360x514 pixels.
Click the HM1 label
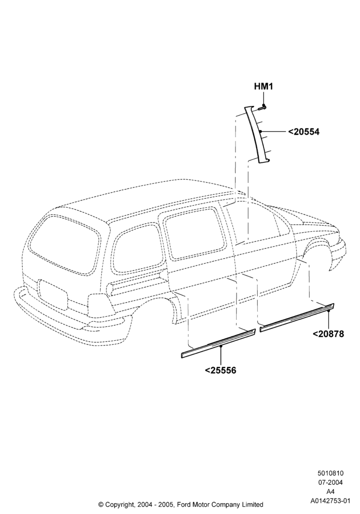click(264, 86)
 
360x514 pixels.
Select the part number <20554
click(303, 132)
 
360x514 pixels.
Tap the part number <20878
click(328, 334)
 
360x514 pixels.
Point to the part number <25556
click(220, 371)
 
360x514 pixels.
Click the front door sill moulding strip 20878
click(297, 318)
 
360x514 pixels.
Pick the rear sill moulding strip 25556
click(218, 343)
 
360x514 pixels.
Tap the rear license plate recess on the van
click(53, 295)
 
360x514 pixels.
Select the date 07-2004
click(331, 483)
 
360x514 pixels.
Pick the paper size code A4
click(331, 492)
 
